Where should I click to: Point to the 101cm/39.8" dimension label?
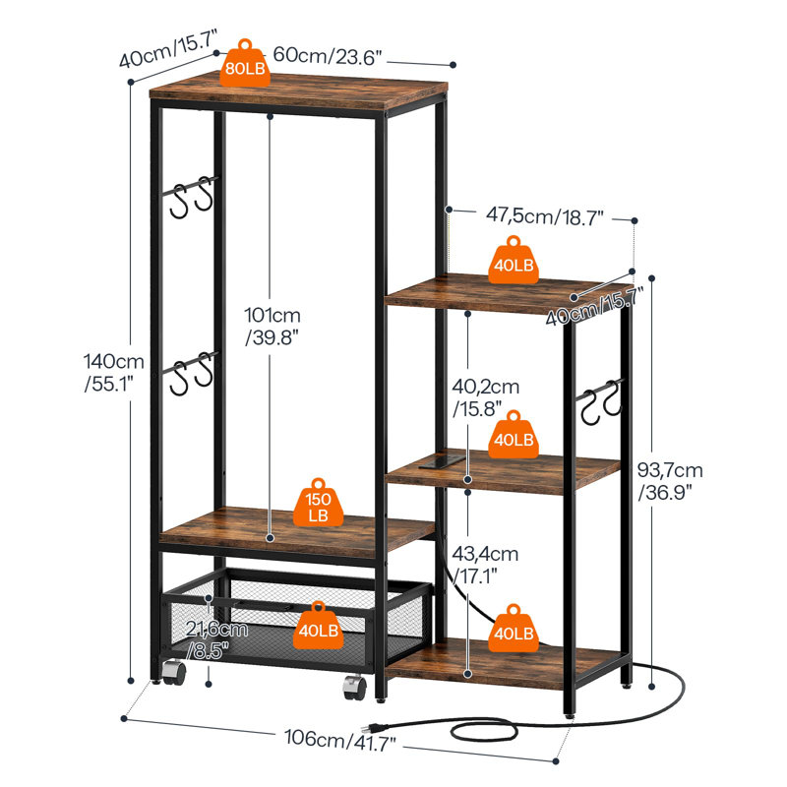[x=272, y=326]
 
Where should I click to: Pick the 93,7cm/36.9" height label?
[x=670, y=482]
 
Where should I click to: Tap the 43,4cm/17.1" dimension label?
[x=486, y=564]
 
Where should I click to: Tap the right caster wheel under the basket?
[x=353, y=686]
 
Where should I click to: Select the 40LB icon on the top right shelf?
[x=513, y=260]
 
